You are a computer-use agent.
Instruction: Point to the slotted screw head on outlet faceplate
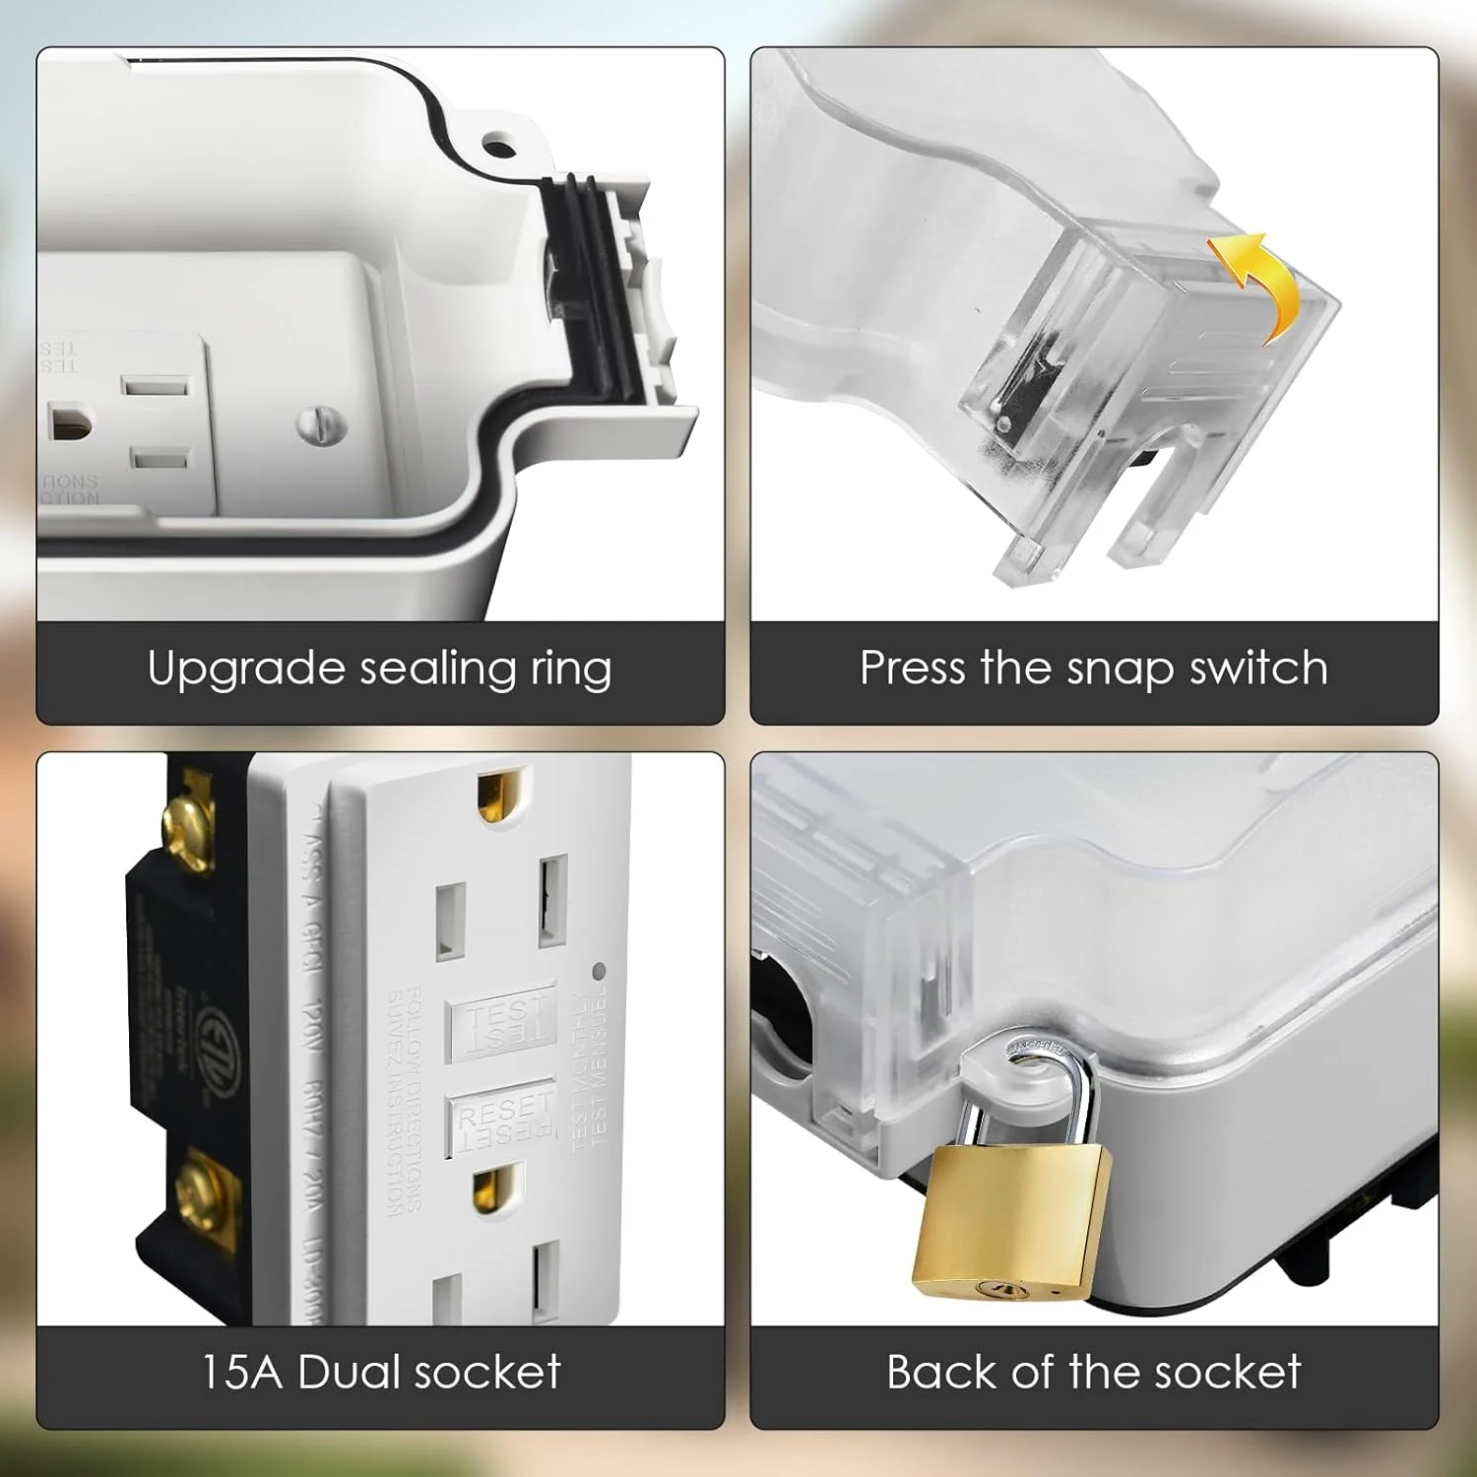coord(322,425)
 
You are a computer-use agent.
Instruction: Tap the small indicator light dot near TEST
coord(599,971)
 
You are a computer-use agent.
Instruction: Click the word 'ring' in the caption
coord(571,670)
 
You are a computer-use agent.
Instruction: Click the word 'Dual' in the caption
coord(349,1372)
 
